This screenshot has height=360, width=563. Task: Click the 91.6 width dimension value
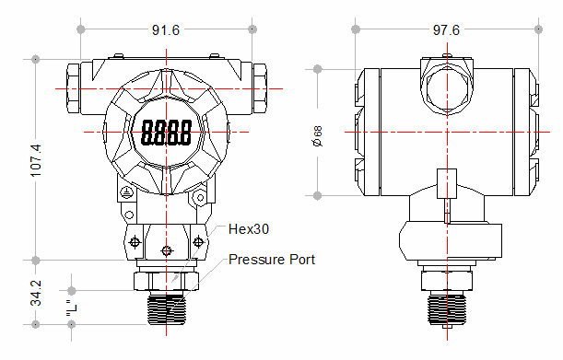(166, 30)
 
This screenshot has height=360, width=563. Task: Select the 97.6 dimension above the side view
(446, 30)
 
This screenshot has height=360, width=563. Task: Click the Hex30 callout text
(248, 227)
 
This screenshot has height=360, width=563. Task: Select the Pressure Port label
(272, 260)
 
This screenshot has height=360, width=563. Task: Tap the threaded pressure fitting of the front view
(166, 306)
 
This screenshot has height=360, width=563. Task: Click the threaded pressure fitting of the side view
(447, 306)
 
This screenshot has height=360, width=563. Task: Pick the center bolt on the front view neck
(166, 250)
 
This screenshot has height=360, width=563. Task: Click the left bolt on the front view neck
(135, 241)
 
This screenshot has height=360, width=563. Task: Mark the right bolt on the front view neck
(196, 241)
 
